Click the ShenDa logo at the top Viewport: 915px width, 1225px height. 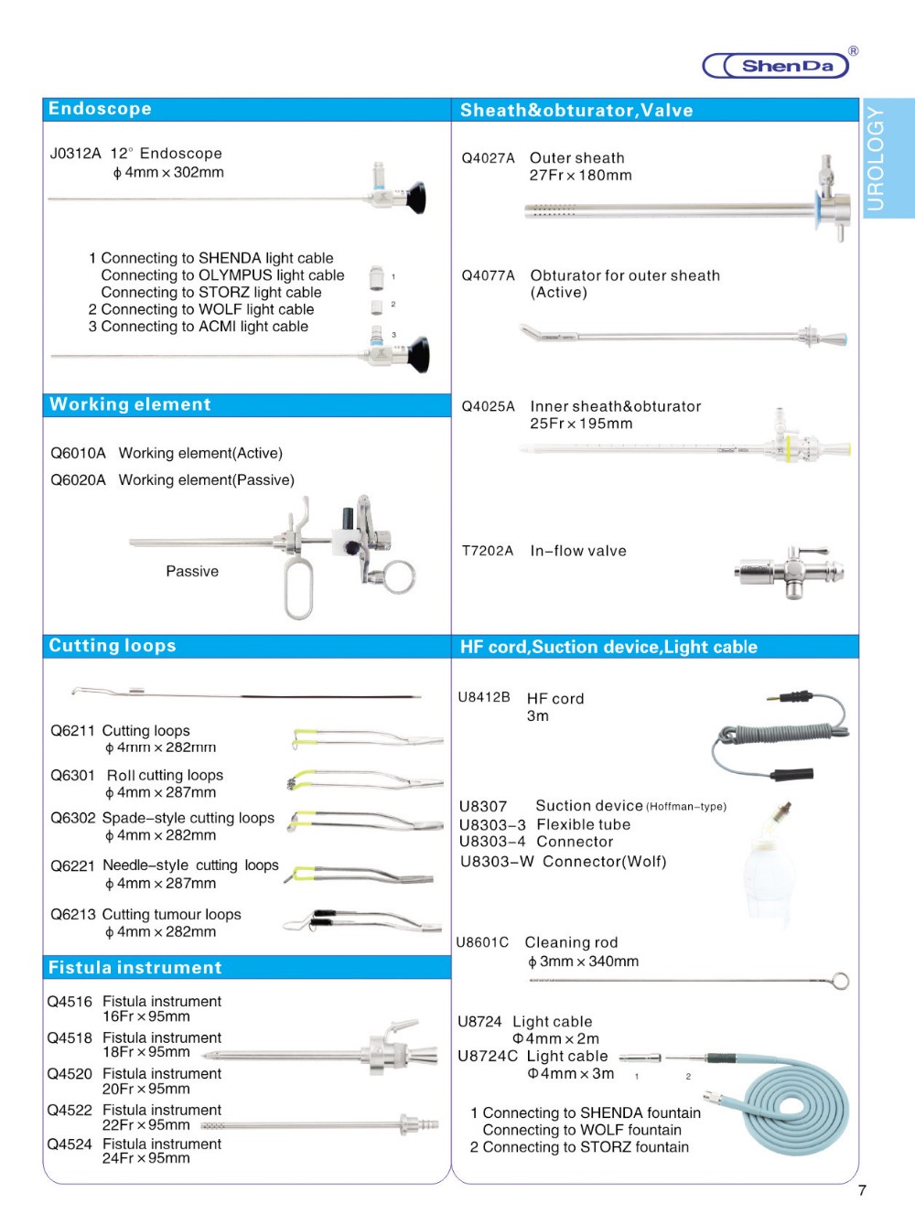point(778,65)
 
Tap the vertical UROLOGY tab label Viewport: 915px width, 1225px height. point(876,158)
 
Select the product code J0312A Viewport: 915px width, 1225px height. point(75,154)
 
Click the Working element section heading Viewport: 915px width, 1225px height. point(130,404)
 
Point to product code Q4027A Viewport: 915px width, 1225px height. point(488,158)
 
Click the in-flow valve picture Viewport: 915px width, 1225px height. point(789,572)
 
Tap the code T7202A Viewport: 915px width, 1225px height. point(487,551)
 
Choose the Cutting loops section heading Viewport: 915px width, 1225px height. point(113,646)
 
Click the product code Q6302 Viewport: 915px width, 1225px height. point(72,818)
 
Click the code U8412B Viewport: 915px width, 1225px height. point(484,697)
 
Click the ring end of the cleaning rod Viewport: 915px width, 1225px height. point(840,982)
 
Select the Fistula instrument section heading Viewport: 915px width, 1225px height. point(135,968)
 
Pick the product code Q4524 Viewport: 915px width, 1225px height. point(70,1144)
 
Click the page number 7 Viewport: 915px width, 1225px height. point(862,1190)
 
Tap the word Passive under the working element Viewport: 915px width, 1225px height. point(192,572)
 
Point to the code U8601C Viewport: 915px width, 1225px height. point(482,942)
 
